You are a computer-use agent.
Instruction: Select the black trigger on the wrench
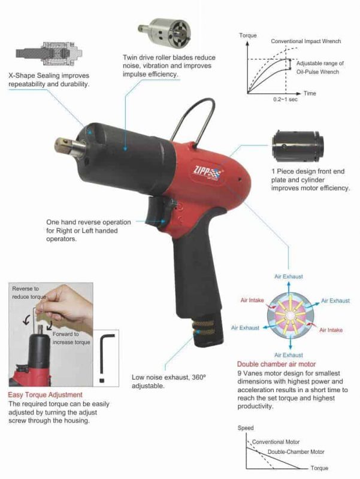pyautogui.click(x=157, y=213)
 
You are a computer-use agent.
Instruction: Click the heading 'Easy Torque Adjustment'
pyautogui.click(x=46, y=395)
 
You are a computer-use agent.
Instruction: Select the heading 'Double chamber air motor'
pyautogui.click(x=276, y=364)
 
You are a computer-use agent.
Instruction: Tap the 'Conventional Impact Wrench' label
pyautogui.click(x=305, y=41)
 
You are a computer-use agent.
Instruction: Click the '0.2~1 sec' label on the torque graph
pyautogui.click(x=285, y=99)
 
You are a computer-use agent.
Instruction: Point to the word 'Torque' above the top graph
pyautogui.click(x=248, y=35)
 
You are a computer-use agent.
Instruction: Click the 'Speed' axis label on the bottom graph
pyautogui.click(x=246, y=428)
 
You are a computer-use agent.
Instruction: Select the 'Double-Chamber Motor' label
pyautogui.click(x=296, y=451)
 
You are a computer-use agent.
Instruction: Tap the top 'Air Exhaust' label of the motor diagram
pyautogui.click(x=289, y=277)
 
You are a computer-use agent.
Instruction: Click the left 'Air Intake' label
pyautogui.click(x=252, y=300)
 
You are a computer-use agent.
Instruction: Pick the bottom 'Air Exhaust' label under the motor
pyautogui.click(x=289, y=355)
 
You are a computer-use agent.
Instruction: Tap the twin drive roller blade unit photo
pyautogui.click(x=164, y=33)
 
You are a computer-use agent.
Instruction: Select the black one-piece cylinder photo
pyautogui.click(x=298, y=147)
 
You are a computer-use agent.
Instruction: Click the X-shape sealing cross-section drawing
pyautogui.click(x=49, y=54)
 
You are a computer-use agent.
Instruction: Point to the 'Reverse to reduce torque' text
pyautogui.click(x=29, y=293)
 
